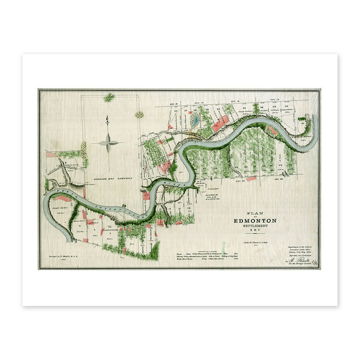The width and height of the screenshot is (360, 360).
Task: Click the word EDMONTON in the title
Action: pyautogui.click(x=255, y=220)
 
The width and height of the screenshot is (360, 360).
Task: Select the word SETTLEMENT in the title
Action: pyautogui.click(x=255, y=227)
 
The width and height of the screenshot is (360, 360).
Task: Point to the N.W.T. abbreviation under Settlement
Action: pyautogui.click(x=255, y=232)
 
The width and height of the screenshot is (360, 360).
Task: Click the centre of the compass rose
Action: pyautogui.click(x=108, y=143)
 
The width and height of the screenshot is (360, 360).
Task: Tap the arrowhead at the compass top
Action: pyautogui.click(x=108, y=118)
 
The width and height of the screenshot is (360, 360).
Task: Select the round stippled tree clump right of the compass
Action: pyautogui.click(x=139, y=115)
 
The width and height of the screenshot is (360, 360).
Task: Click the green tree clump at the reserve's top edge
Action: pyautogui.click(x=109, y=97)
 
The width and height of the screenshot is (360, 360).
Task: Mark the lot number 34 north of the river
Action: pyautogui.click(x=244, y=108)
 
